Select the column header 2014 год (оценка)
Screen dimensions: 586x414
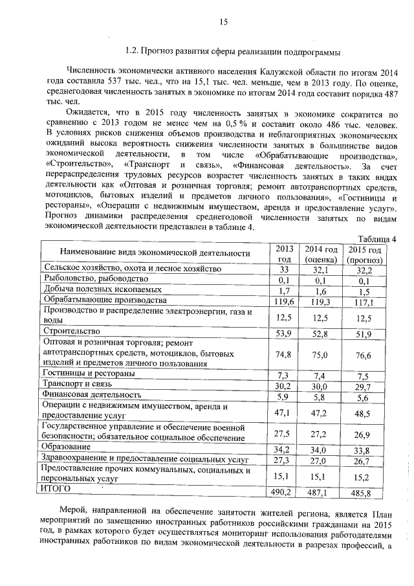click(321, 254)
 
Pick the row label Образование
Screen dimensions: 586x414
click(66, 447)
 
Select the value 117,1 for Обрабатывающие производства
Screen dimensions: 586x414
click(366, 302)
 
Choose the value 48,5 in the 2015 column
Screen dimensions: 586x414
click(366, 413)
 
